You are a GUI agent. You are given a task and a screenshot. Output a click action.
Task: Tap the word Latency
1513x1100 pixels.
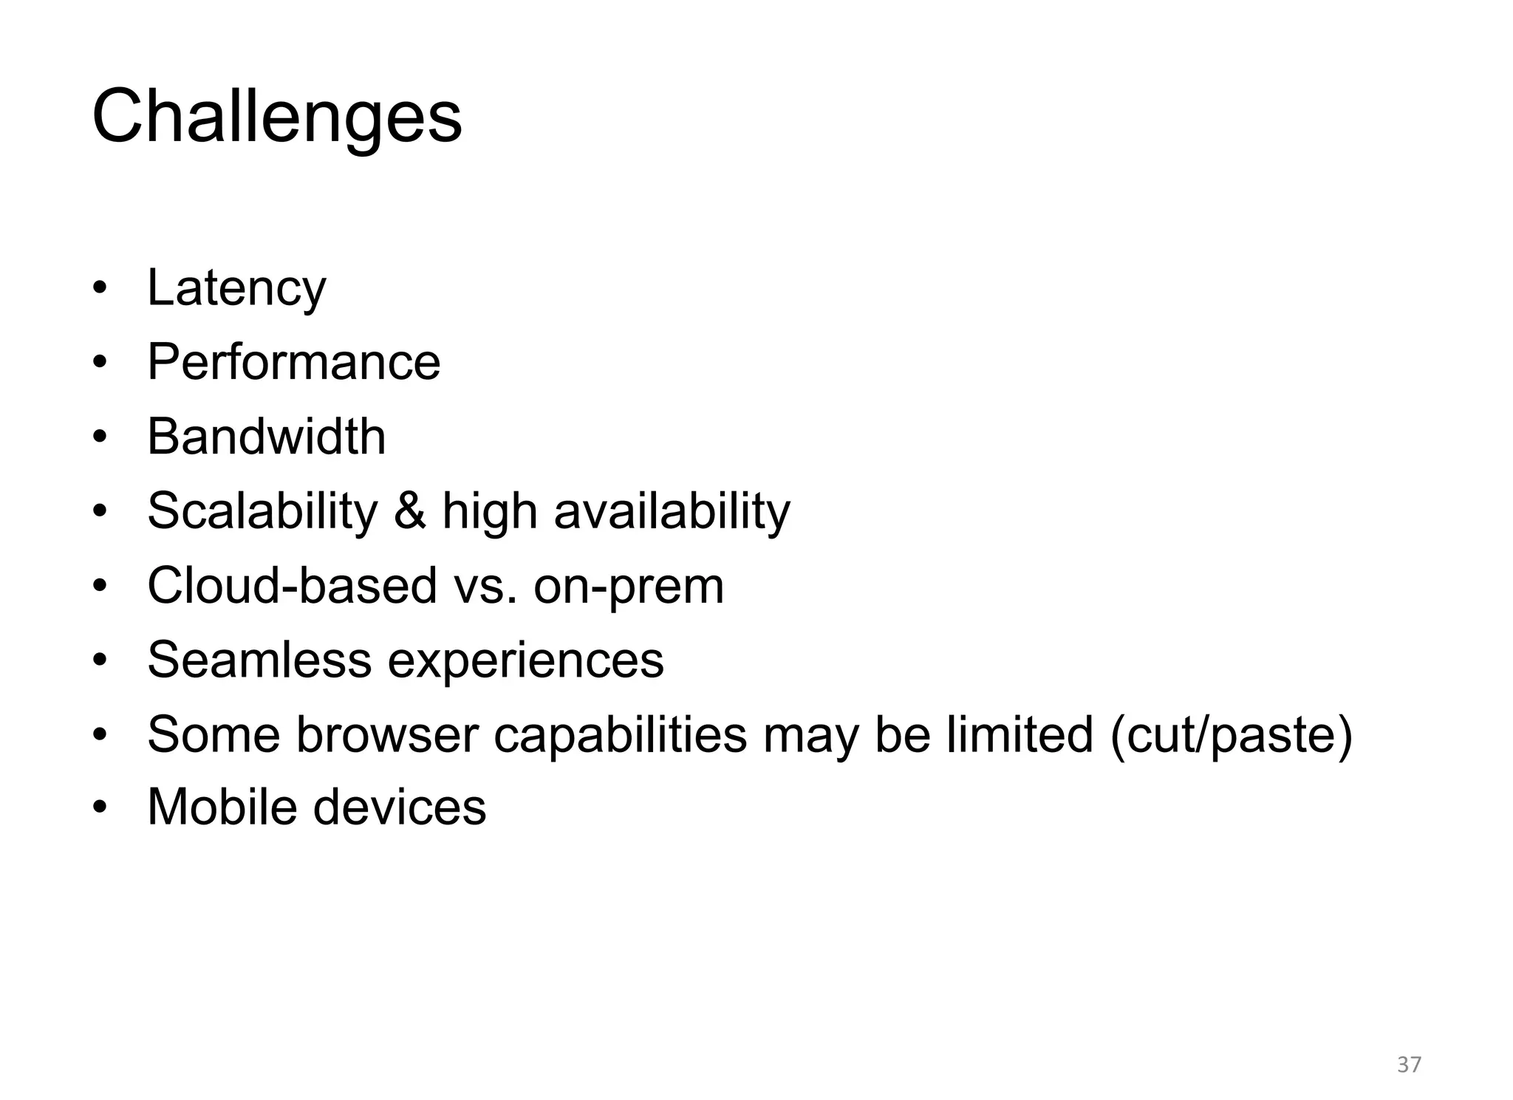236,288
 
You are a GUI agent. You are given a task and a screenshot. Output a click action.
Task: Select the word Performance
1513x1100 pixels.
293,362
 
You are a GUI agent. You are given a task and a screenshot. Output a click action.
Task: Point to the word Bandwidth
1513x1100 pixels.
266,437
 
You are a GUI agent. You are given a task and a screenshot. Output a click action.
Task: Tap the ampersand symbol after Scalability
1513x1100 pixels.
410,510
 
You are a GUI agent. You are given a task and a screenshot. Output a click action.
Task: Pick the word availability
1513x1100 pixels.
672,511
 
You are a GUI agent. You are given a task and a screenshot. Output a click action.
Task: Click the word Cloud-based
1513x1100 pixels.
292,586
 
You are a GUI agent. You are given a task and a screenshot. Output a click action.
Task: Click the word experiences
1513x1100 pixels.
525,661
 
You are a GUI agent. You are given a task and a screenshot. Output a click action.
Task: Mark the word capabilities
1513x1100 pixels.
620,735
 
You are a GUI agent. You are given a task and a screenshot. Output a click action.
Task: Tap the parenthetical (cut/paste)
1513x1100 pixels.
1232,735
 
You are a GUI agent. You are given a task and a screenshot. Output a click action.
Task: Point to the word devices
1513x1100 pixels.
400,807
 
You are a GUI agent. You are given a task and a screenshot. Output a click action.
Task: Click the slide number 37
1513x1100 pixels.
1410,1065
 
